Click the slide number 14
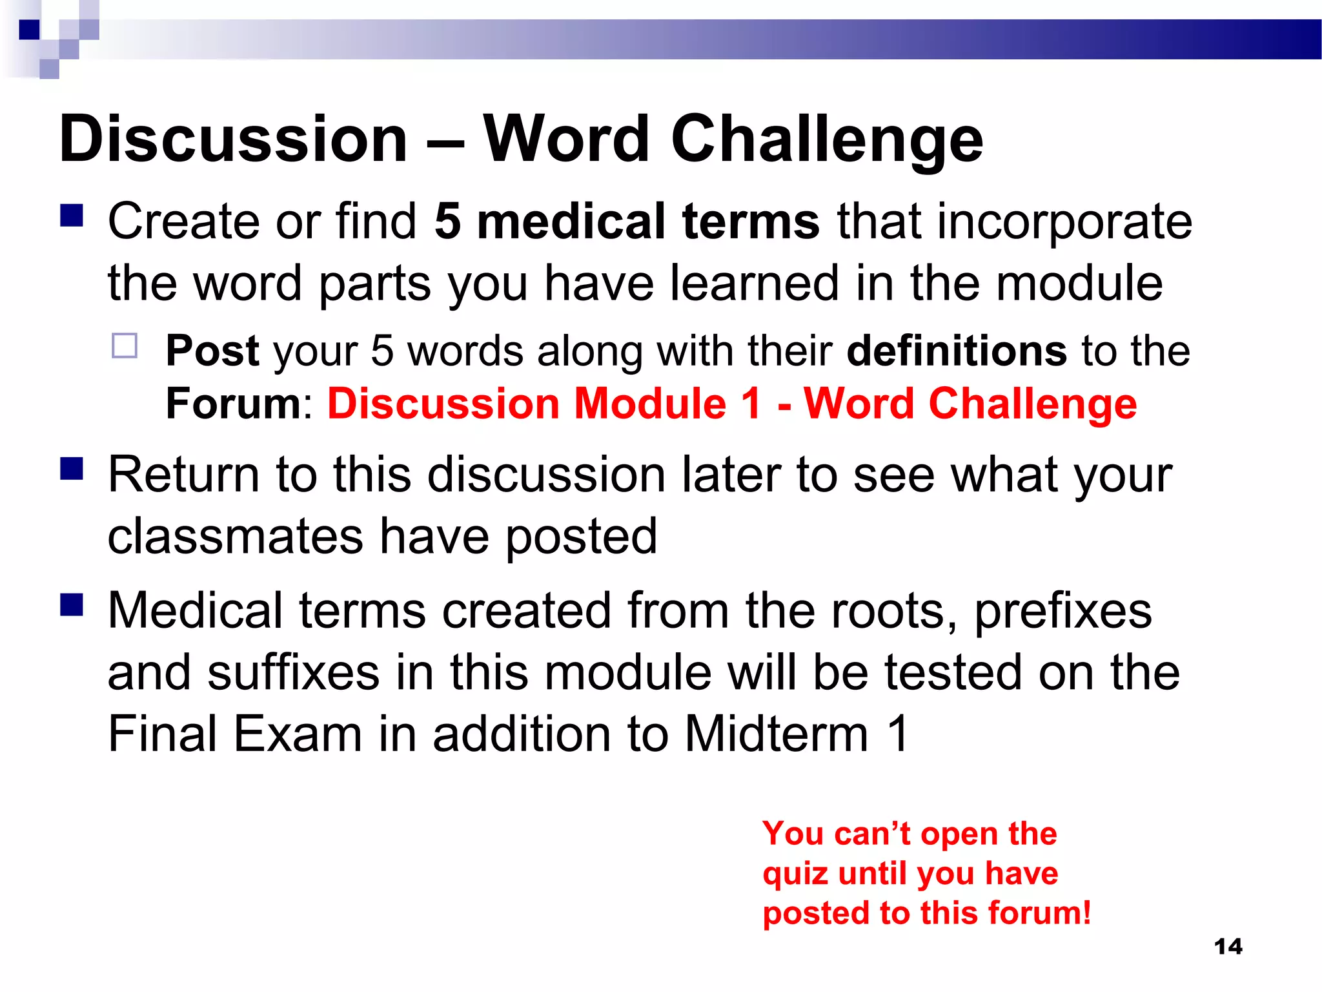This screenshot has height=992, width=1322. tap(1228, 947)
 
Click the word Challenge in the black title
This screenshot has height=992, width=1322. tap(827, 139)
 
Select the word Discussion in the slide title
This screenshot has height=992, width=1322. tap(233, 139)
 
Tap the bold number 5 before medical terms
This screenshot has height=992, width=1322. tap(448, 222)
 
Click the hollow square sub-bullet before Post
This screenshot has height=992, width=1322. tap(125, 346)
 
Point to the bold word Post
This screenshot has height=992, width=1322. tap(212, 351)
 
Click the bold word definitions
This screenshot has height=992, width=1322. tap(956, 351)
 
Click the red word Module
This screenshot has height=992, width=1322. tap(650, 404)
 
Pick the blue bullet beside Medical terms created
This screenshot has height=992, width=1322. tap(72, 605)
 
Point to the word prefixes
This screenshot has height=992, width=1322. tap(1063, 611)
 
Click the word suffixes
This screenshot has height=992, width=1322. tap(294, 673)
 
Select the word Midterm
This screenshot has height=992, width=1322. tap(777, 734)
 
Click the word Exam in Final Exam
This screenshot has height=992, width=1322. tap(298, 734)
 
